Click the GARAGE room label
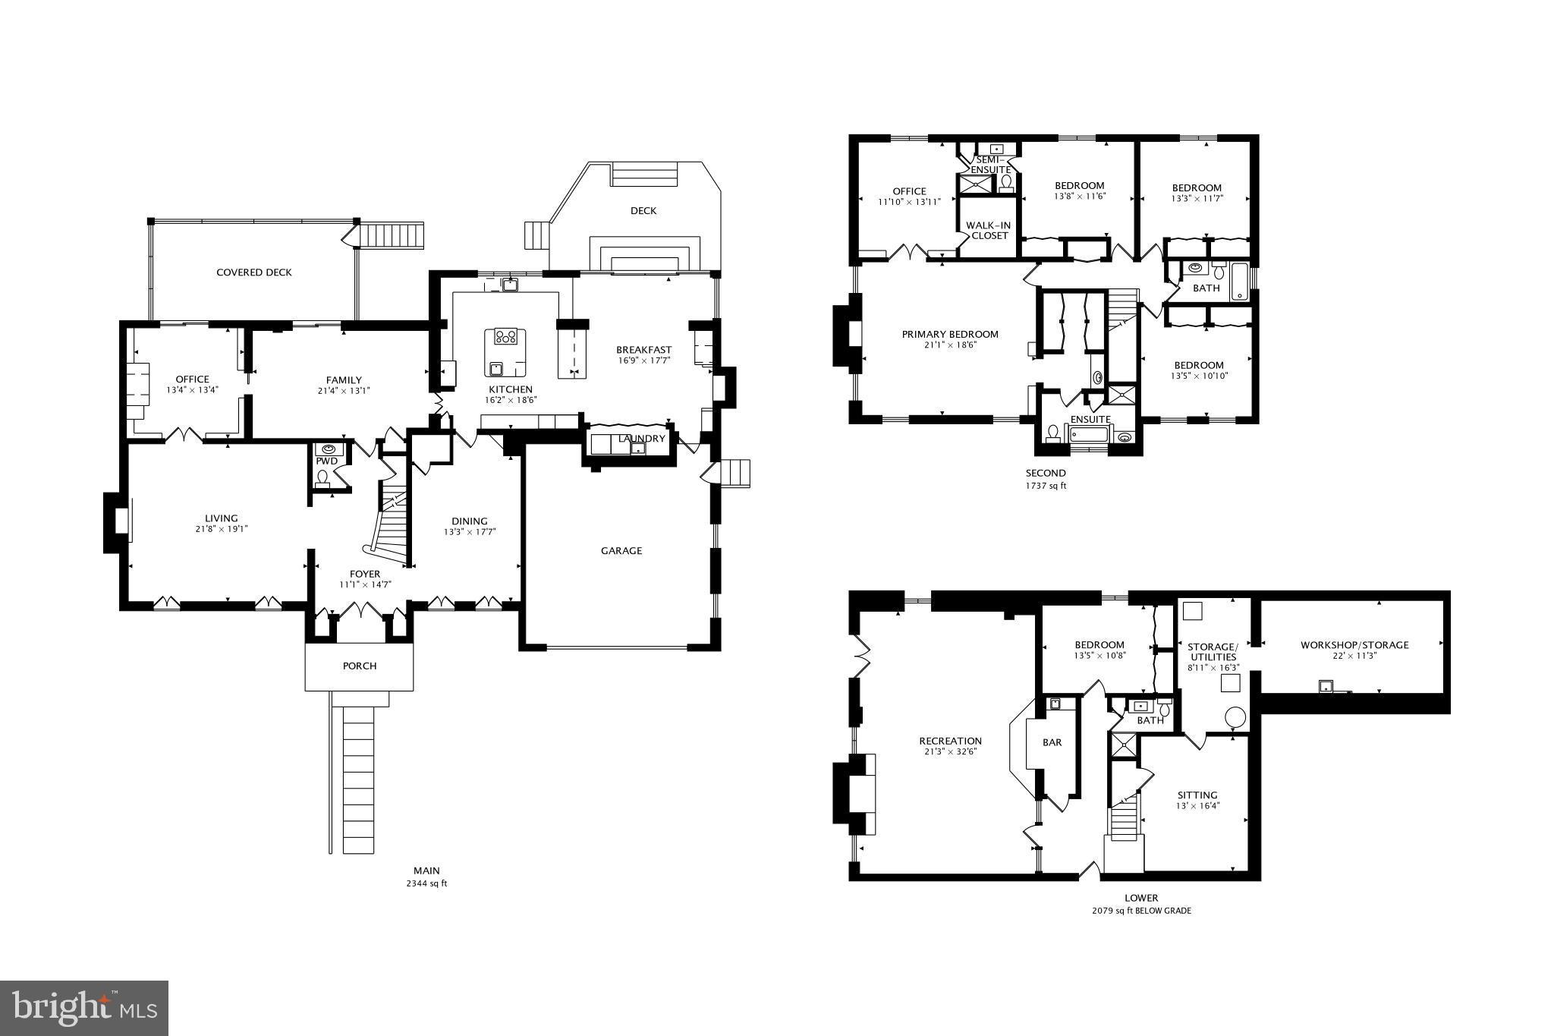click(621, 551)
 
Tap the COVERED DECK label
click(253, 272)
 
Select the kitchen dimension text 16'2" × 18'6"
click(511, 400)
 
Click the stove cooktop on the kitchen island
click(505, 336)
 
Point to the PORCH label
click(360, 666)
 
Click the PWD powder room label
click(326, 461)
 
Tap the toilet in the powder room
click(322, 478)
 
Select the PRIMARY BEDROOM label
click(949, 335)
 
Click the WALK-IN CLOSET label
click(988, 231)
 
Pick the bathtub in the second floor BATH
click(1239, 282)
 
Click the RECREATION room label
click(950, 742)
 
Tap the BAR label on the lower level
click(1052, 743)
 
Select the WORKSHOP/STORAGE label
click(1354, 645)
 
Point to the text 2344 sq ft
click(426, 883)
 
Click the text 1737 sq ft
click(1046, 486)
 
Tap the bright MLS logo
click(84, 1008)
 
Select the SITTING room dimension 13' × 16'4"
click(1197, 806)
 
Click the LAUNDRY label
click(641, 439)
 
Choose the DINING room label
click(469, 521)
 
